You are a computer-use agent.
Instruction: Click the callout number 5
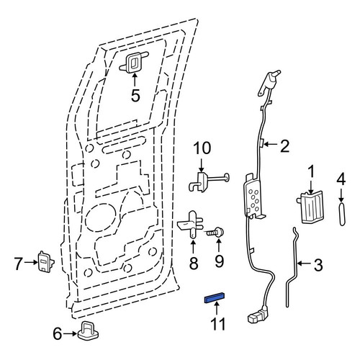pos(135,96)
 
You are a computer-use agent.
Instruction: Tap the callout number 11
pos(218,324)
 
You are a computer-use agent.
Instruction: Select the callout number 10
pos(202,148)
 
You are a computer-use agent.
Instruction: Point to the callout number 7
pos(19,264)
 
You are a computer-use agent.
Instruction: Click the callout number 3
pos(318,265)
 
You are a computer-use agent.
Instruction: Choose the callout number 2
pos(284,146)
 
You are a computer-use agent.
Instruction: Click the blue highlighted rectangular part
pos(215,298)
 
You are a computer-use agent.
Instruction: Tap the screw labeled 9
pos(215,233)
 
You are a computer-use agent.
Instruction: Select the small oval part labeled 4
pos(343,214)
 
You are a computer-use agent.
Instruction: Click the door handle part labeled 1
pos(311,207)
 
